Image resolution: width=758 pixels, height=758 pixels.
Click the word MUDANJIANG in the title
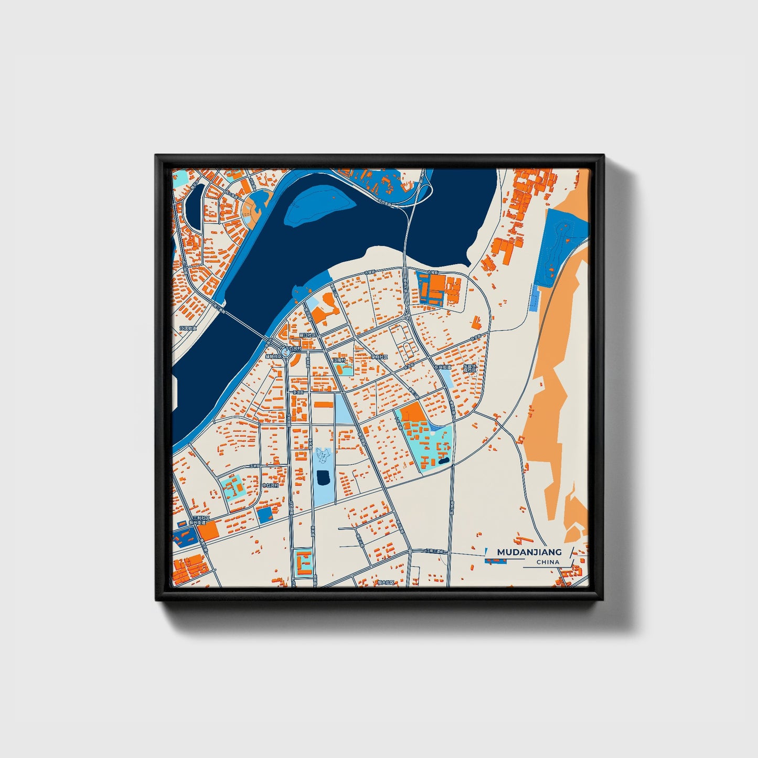tap(529, 552)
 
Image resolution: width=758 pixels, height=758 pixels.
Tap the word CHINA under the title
tap(548, 562)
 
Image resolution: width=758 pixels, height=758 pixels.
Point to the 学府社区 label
tap(379, 357)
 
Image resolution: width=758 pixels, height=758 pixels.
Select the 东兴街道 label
tap(442, 367)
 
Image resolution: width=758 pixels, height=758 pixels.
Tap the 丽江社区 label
tap(306, 335)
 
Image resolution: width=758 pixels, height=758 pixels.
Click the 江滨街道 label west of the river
tap(187, 328)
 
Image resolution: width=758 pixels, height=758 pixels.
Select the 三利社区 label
tap(201, 518)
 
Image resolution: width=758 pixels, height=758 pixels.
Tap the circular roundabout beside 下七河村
tap(287, 352)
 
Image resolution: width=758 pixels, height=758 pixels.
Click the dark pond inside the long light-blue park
tap(323, 477)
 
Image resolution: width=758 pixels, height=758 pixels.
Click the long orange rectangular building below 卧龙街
tap(324, 404)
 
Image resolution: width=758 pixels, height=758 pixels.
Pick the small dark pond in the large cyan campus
tap(444, 461)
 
